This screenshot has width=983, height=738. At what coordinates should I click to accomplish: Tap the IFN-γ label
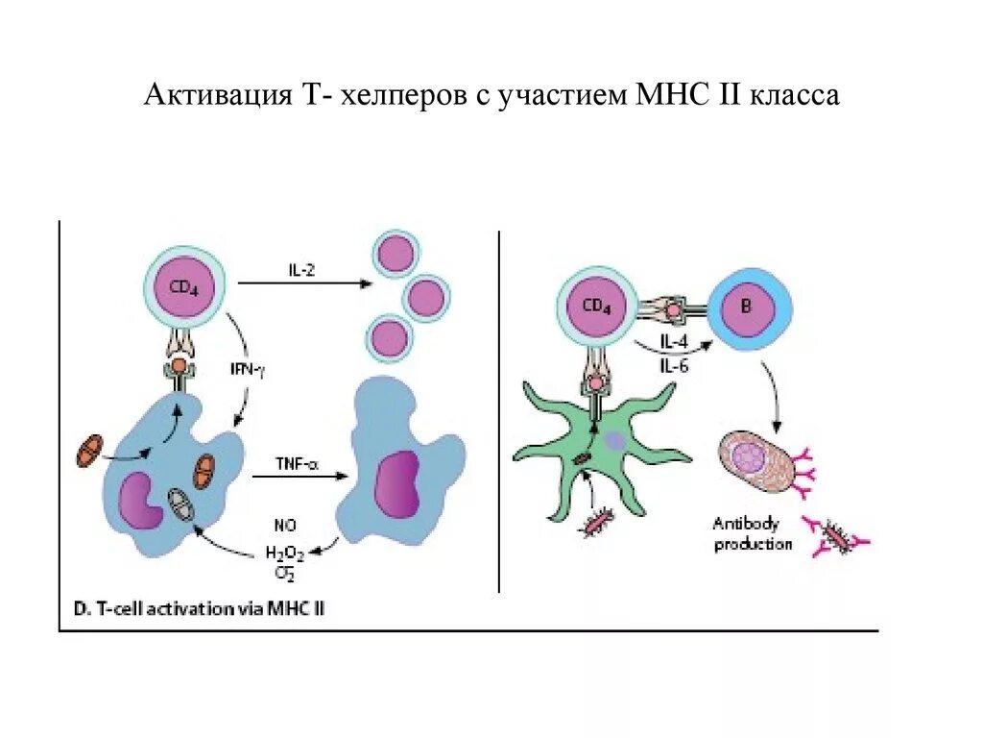pyautogui.click(x=247, y=367)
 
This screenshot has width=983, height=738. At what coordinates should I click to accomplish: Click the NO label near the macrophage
pyautogui.click(x=284, y=526)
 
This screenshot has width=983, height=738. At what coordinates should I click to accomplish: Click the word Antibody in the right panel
pyautogui.click(x=746, y=524)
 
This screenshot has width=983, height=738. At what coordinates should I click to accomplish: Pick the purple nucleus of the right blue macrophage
pyautogui.click(x=396, y=480)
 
